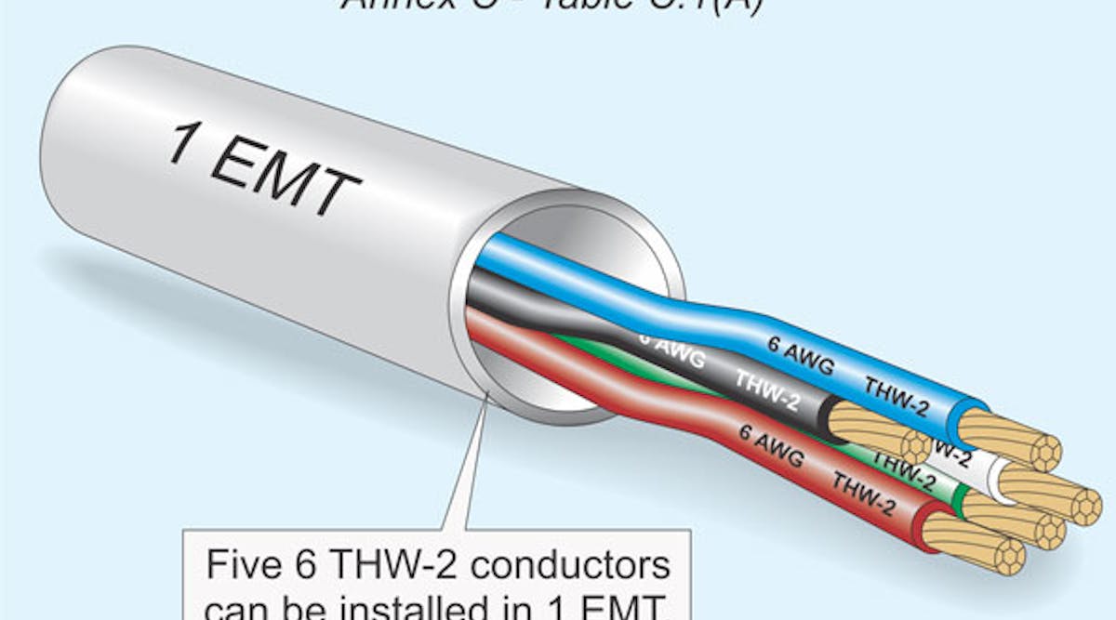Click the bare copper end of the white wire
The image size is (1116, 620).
tap(1051, 497)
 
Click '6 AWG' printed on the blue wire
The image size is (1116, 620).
tap(800, 355)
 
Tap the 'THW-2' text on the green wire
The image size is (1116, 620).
tap(902, 473)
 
